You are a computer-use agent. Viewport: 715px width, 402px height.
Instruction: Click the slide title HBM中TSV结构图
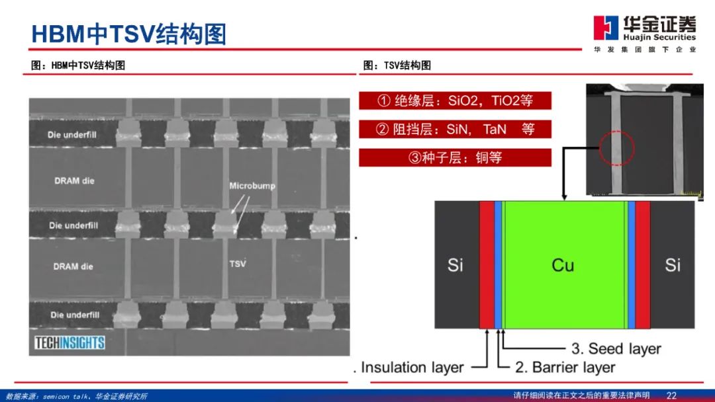129,33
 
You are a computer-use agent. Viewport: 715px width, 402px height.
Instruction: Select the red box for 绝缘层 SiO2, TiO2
455,100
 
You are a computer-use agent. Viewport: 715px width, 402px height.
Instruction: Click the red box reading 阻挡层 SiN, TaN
455,129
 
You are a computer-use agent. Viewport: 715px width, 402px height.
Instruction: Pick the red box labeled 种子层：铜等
455,158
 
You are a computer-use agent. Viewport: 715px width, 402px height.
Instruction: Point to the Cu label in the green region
563,265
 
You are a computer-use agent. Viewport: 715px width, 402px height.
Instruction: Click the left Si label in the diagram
455,265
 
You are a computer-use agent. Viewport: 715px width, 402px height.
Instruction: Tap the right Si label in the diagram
673,265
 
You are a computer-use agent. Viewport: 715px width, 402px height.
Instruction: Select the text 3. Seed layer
616,348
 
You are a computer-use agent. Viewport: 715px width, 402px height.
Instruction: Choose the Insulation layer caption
411,367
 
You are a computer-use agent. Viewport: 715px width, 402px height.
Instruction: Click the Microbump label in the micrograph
252,186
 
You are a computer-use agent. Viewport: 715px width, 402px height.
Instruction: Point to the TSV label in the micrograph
238,263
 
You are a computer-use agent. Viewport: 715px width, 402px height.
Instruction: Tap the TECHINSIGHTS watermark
70,342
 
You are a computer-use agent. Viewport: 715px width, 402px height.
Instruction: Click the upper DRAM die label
73,180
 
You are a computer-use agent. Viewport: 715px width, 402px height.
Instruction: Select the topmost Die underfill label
73,134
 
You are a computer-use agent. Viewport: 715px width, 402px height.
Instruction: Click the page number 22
671,395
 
